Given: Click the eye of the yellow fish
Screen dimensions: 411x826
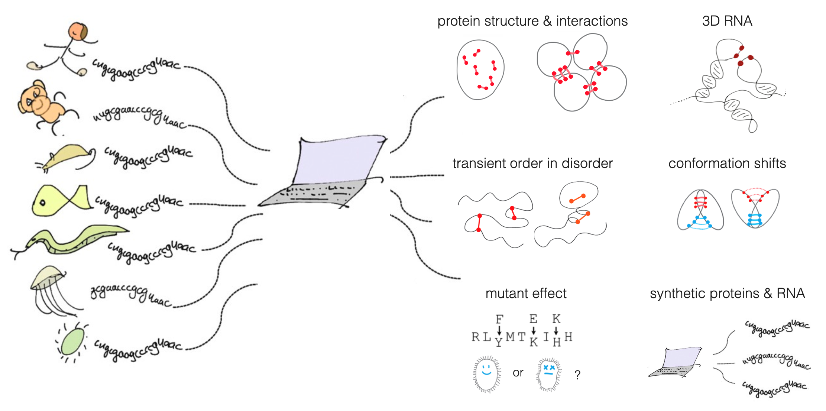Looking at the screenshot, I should click(x=42, y=203).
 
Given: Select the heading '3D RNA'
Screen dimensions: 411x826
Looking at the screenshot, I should click(x=727, y=21).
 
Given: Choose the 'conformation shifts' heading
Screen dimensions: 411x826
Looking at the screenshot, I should click(x=727, y=164).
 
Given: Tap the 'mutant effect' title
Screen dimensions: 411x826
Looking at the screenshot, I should click(x=526, y=294).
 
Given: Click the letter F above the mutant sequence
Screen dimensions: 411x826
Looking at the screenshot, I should click(x=499, y=319).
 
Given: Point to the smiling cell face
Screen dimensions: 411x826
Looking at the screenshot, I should click(x=487, y=373).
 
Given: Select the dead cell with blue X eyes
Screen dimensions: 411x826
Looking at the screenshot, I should click(x=549, y=373).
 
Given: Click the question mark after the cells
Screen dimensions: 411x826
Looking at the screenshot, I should click(x=577, y=375).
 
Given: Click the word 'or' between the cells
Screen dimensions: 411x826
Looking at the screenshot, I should click(x=518, y=372).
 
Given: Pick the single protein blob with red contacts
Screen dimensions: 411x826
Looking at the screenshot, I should click(x=480, y=70).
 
